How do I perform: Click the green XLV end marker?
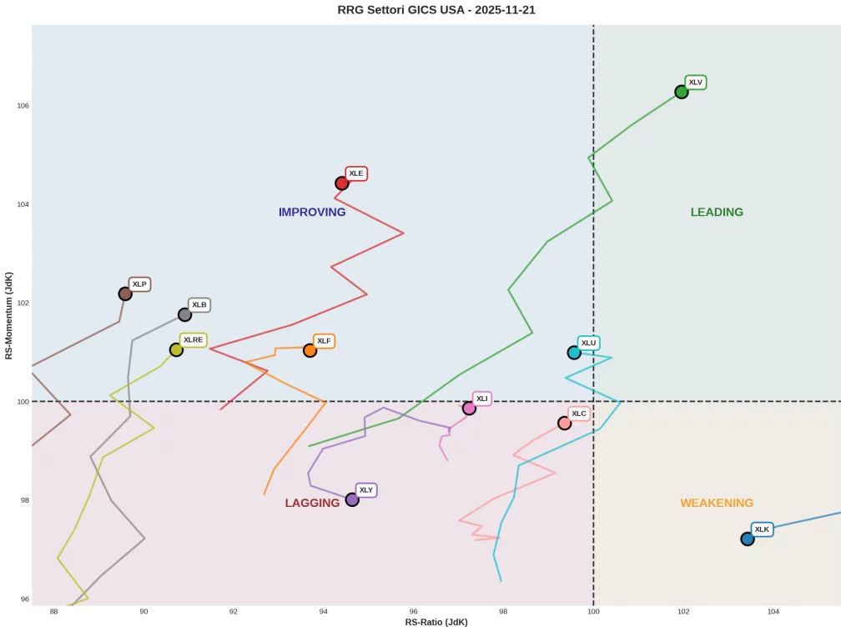(x=682, y=92)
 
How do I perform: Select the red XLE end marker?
(x=342, y=183)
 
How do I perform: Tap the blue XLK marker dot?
(x=748, y=539)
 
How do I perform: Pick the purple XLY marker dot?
(x=352, y=499)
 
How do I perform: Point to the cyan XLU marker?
(x=574, y=353)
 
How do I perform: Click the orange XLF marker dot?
(x=310, y=351)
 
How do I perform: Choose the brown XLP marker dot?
(x=125, y=293)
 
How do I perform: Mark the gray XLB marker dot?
(x=184, y=314)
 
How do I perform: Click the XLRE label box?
(x=194, y=340)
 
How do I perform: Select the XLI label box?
(x=482, y=399)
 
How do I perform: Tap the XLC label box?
(x=579, y=414)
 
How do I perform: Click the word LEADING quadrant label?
(x=717, y=213)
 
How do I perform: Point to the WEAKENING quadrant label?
(x=717, y=504)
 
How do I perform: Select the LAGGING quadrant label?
(x=312, y=504)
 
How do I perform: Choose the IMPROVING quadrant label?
(x=312, y=213)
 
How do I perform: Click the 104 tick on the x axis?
(x=773, y=612)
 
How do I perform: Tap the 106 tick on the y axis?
(x=22, y=106)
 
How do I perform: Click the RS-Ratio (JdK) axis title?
(x=436, y=623)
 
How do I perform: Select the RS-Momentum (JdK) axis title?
(x=9, y=315)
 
